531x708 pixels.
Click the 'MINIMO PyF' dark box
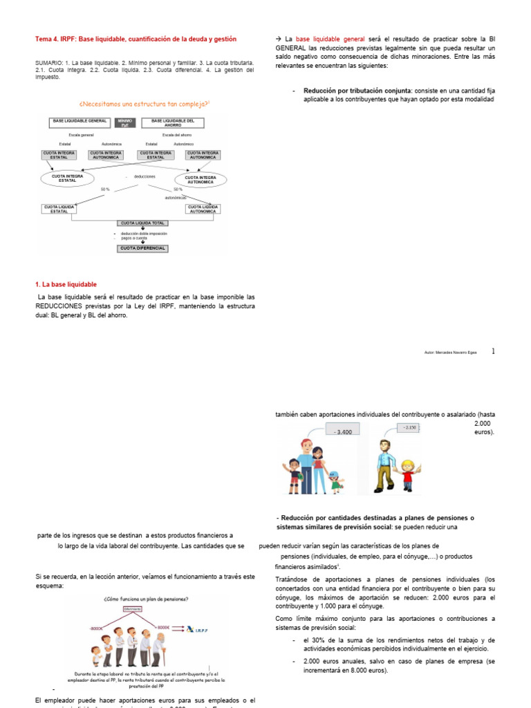[x=126, y=122]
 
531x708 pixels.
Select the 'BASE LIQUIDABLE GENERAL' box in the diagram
[x=79, y=122]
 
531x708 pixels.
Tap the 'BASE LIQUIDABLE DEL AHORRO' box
[x=173, y=122]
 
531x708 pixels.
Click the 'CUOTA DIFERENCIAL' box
[x=142, y=248]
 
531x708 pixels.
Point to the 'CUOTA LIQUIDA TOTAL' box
[x=142, y=223]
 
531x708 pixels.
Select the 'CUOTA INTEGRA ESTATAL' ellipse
[x=68, y=178]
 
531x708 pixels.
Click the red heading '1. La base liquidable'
[x=66, y=284]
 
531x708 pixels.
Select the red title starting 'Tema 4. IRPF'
[x=136, y=39]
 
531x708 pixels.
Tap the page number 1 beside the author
[x=493, y=351]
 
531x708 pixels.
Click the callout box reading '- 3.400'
[x=344, y=431]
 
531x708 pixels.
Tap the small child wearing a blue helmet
[x=335, y=481]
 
